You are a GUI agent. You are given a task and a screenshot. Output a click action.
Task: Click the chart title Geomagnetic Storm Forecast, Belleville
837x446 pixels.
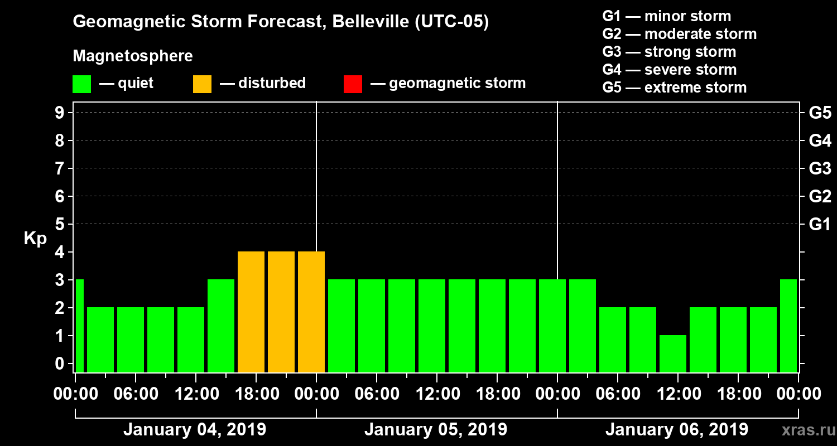[281, 22]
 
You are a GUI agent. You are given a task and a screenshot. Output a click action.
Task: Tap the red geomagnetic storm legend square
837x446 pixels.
[353, 84]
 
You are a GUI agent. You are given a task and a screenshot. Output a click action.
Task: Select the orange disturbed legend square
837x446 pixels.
[202, 84]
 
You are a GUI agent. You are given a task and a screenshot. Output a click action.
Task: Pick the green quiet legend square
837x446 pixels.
[81, 84]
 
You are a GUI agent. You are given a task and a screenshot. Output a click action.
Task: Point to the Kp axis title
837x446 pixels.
[35, 239]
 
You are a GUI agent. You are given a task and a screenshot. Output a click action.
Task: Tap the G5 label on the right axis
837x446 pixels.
[820, 113]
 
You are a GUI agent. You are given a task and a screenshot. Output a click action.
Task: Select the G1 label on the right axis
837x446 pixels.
[820, 225]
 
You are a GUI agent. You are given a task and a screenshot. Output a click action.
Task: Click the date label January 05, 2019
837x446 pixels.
[436, 430]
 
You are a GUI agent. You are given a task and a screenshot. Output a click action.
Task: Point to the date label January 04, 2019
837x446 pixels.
[195, 430]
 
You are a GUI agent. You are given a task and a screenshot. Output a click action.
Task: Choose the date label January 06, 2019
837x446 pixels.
[677, 430]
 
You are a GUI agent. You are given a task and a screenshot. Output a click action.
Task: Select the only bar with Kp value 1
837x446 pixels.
[673, 353]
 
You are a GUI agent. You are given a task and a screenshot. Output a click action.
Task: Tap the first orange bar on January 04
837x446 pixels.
[251, 312]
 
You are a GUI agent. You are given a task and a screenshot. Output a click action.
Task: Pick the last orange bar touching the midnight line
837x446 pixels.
[311, 312]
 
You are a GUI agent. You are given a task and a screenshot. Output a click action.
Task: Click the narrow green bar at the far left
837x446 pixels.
[79, 326]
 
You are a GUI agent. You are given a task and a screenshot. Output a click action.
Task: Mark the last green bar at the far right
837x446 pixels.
[788, 326]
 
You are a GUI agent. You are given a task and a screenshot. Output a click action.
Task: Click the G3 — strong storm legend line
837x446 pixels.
[669, 52]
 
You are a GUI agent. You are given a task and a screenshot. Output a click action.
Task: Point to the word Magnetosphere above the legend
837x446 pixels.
[133, 56]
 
